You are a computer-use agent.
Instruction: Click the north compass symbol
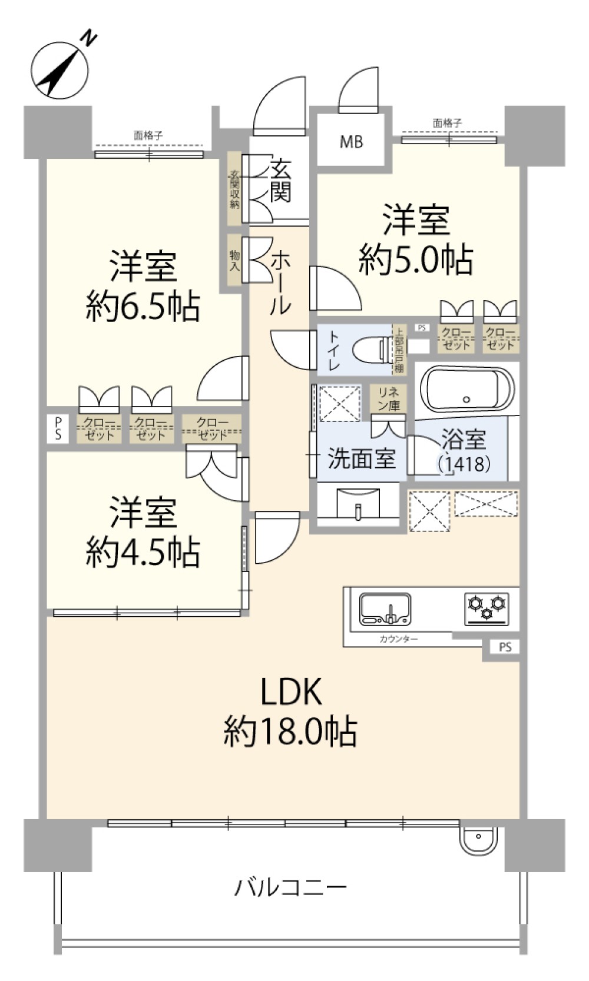click(59, 68)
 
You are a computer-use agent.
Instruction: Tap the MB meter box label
click(351, 142)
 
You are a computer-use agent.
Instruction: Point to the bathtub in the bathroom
click(466, 389)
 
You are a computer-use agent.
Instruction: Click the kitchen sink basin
click(385, 609)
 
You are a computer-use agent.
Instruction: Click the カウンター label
click(399, 639)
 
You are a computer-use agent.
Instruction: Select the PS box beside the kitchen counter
click(505, 647)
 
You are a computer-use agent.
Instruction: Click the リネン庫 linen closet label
click(388, 398)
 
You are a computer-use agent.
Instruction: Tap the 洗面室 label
click(361, 458)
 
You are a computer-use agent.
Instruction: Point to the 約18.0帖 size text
click(290, 731)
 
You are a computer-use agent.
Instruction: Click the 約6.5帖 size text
click(143, 306)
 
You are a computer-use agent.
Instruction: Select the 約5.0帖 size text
click(416, 259)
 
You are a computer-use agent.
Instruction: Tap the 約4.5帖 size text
click(143, 552)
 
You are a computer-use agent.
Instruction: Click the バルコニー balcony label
click(290, 886)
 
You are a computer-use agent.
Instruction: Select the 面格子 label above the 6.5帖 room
click(148, 135)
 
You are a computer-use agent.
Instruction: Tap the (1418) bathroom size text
click(464, 464)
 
